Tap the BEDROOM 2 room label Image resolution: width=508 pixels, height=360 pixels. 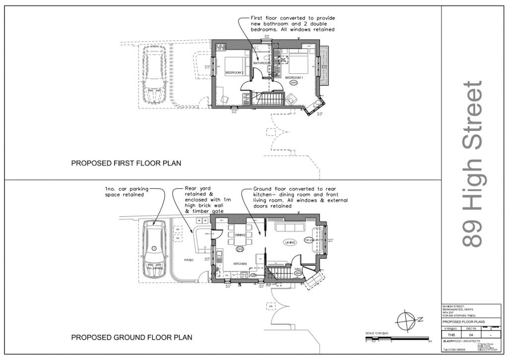click(235, 72)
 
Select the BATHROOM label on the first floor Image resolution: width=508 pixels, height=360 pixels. click(262, 63)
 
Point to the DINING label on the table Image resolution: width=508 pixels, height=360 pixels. click(241, 235)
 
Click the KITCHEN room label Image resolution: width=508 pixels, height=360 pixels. click(240, 264)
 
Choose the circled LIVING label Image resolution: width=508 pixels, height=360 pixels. click(290, 242)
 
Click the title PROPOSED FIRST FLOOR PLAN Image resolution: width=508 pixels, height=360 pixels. click(126, 163)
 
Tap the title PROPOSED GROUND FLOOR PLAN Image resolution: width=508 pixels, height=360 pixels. click(131, 338)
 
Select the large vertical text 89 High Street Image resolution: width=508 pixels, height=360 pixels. click(472, 164)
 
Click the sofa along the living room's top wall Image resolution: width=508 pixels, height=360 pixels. click(290, 228)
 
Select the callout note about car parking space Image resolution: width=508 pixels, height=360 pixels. click(124, 192)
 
